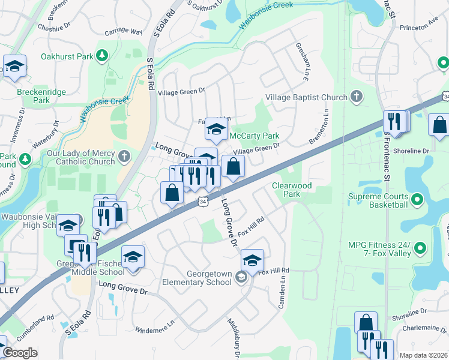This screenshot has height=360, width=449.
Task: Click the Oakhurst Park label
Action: pyautogui.click(x=67, y=56)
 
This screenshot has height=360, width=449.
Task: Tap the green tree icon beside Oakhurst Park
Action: pyautogui.click(x=103, y=56)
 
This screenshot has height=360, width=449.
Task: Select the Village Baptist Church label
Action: pyautogui.click(x=306, y=97)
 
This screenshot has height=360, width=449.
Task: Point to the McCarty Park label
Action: pyautogui.click(x=255, y=136)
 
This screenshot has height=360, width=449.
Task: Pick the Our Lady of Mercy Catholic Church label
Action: pyautogui.click(x=81, y=157)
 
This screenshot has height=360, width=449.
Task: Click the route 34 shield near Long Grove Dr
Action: pyautogui.click(x=204, y=202)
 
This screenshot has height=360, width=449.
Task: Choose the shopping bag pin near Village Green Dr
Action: pyautogui.click(x=233, y=166)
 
